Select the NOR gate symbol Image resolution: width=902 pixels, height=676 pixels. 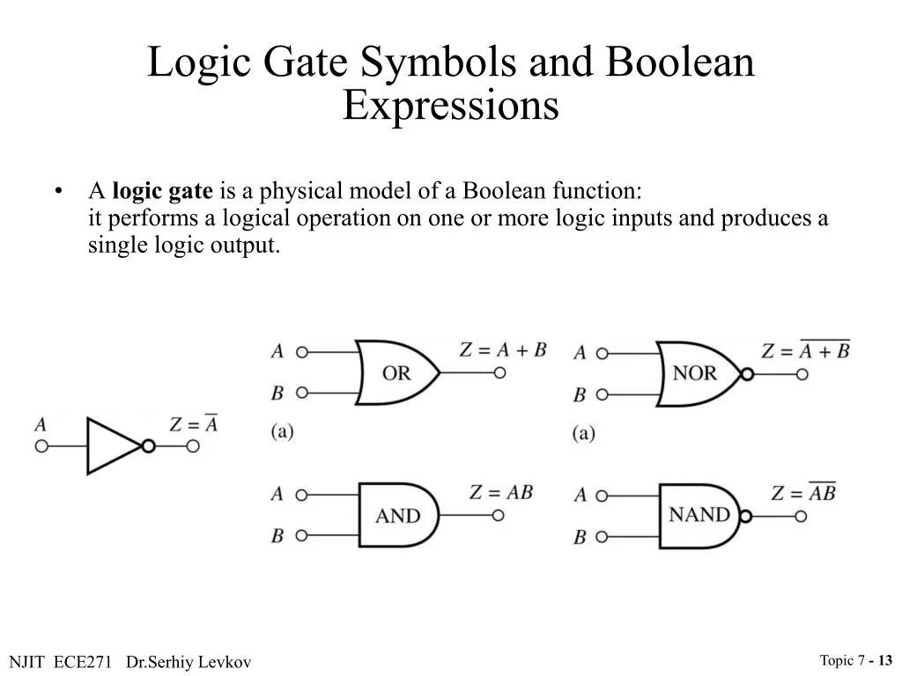(x=696, y=372)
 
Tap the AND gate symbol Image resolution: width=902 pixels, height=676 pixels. (x=397, y=515)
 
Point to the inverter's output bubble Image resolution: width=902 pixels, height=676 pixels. (x=148, y=446)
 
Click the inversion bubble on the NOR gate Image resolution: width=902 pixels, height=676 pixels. (x=747, y=373)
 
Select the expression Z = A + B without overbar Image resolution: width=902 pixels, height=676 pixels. (x=503, y=349)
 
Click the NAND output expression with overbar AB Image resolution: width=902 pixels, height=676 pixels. (x=802, y=493)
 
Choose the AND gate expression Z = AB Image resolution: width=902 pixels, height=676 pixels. (x=500, y=492)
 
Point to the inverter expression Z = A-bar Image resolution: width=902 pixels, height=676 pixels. (x=193, y=424)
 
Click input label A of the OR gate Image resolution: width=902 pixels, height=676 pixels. (x=277, y=352)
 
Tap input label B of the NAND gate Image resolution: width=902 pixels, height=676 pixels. (x=580, y=536)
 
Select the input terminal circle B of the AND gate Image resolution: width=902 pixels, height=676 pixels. (x=302, y=534)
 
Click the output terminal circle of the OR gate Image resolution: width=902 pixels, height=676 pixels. (x=499, y=372)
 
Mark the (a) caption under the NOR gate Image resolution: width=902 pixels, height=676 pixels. (x=583, y=433)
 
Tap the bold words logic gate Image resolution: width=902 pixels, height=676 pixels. (x=162, y=191)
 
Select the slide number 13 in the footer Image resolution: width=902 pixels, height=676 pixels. (x=884, y=660)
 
